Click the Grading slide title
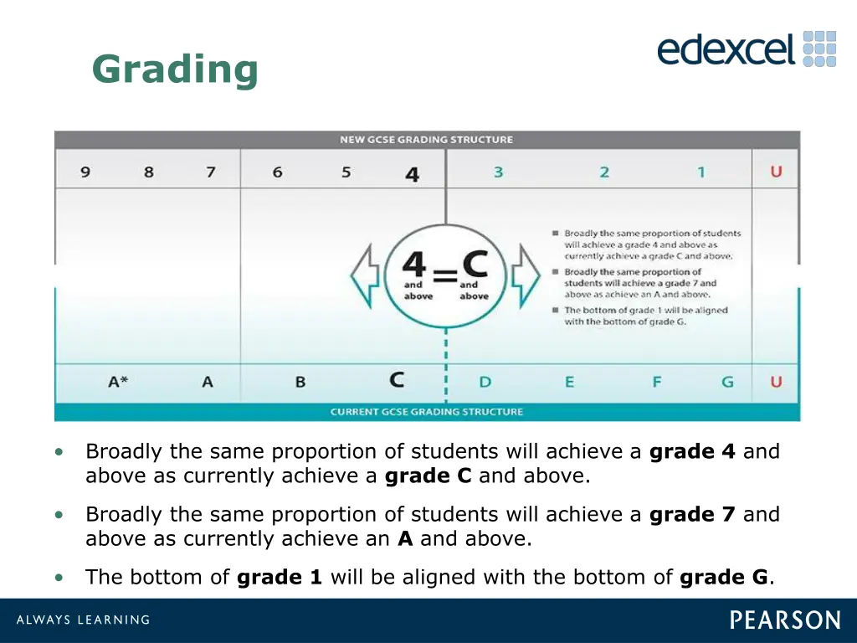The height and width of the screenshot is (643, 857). pyautogui.click(x=175, y=69)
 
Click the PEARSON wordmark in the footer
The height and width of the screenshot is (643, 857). pyautogui.click(x=785, y=620)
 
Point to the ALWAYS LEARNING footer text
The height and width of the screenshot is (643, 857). pyautogui.click(x=83, y=620)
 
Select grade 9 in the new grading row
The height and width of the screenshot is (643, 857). pyautogui.click(x=85, y=172)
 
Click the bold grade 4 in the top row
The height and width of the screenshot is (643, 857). pyautogui.click(x=412, y=174)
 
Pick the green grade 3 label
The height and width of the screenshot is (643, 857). pyautogui.click(x=498, y=172)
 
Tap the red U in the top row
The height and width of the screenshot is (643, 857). pyautogui.click(x=776, y=172)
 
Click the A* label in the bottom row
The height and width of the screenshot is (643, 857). pyautogui.click(x=119, y=382)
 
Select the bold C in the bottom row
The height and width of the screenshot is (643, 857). pyautogui.click(x=397, y=380)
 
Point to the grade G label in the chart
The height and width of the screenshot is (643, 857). pyautogui.click(x=727, y=382)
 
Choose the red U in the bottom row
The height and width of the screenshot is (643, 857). pyautogui.click(x=776, y=382)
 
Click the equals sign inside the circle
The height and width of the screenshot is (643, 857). pyautogui.click(x=445, y=275)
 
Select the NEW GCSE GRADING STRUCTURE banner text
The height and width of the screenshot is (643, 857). pyautogui.click(x=427, y=140)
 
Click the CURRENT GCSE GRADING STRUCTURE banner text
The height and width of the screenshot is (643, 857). pyautogui.click(x=427, y=412)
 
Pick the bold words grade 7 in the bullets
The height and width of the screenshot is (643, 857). pyautogui.click(x=692, y=514)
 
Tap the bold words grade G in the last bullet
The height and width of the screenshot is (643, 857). pyautogui.click(x=724, y=577)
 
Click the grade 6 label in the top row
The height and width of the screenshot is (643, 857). pyautogui.click(x=277, y=172)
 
